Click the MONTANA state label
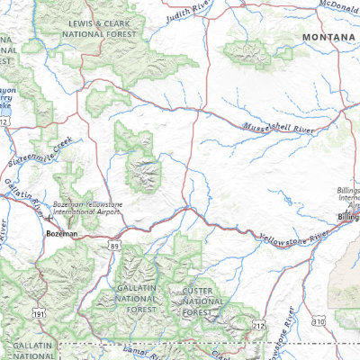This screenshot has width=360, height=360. pyautogui.click(x=328, y=37)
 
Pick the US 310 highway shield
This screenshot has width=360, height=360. pyautogui.click(x=319, y=320)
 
